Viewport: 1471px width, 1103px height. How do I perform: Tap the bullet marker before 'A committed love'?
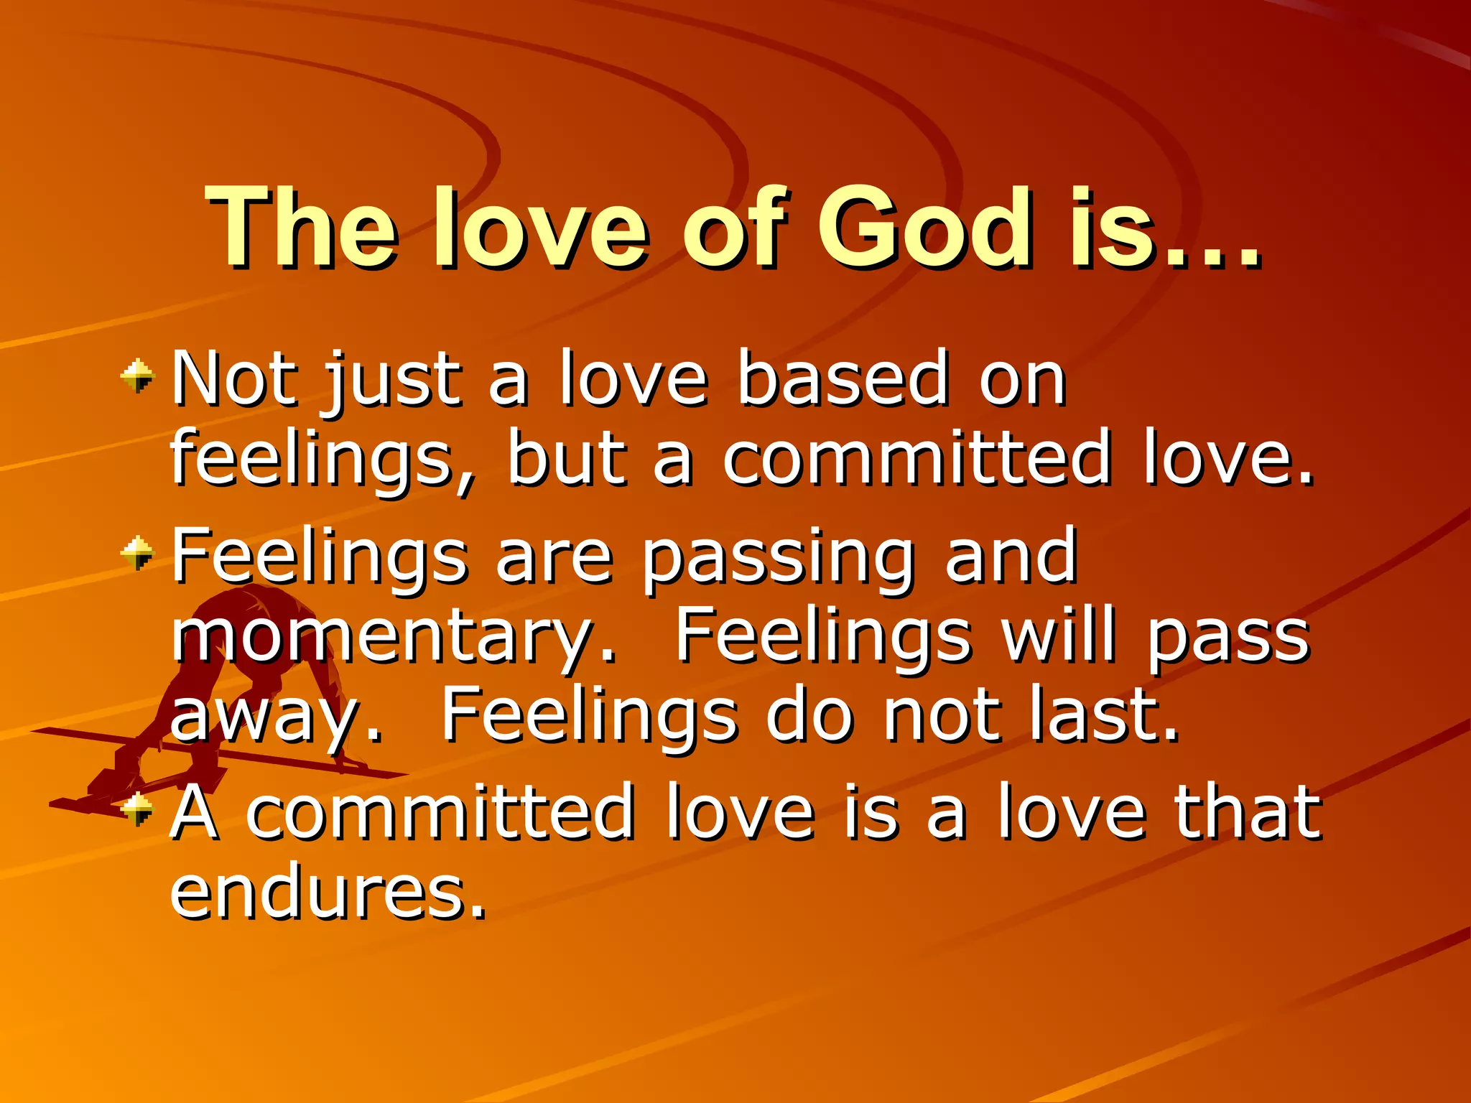coord(137,809)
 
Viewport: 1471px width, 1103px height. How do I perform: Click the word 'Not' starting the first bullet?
coord(234,378)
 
